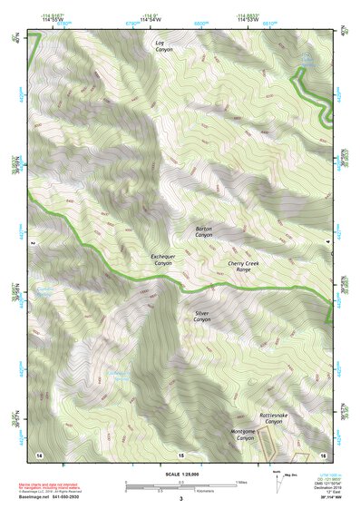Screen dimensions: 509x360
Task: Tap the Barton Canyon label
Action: [204, 231]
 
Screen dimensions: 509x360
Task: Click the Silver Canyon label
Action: [201, 317]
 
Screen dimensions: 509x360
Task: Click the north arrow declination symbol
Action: [276, 479]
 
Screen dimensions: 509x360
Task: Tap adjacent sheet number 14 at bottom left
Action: [39, 453]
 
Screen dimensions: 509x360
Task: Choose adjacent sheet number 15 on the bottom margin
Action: [181, 453]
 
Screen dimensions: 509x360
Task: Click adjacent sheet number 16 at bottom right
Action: [322, 453]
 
